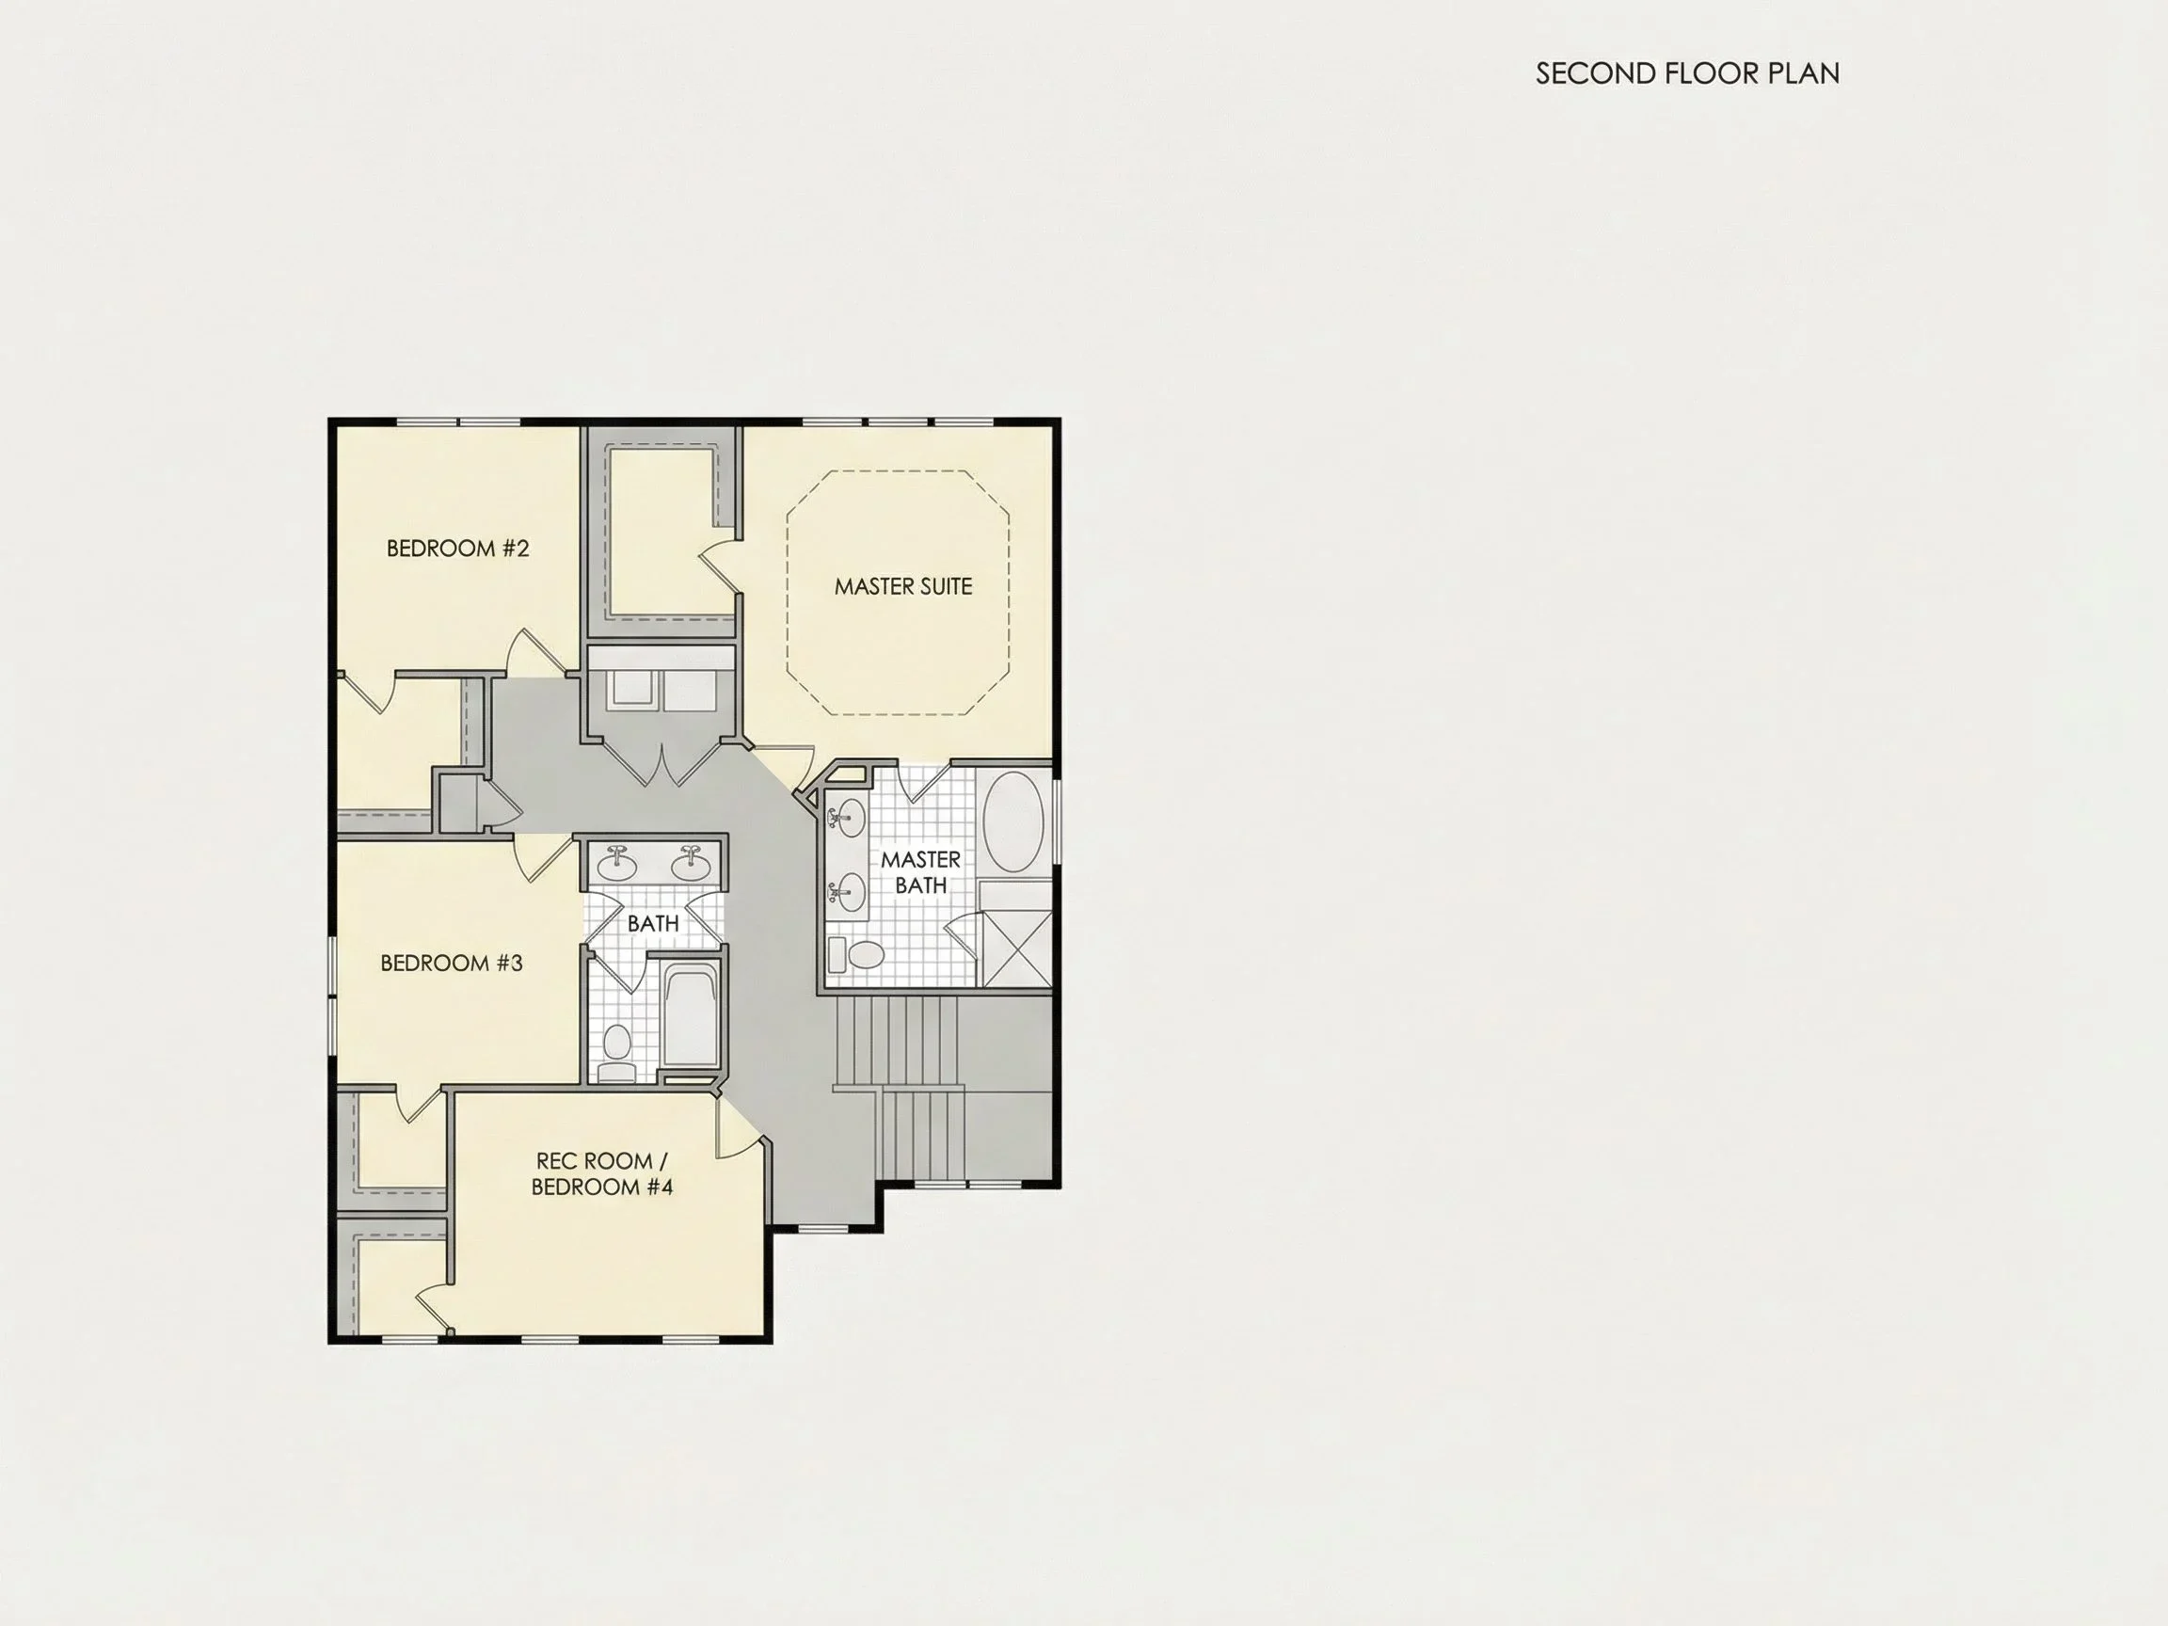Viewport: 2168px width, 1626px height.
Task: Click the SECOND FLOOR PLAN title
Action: coord(1687,73)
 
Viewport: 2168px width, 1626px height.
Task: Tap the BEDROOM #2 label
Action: coord(457,548)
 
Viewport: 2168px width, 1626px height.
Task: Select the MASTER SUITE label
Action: coord(902,586)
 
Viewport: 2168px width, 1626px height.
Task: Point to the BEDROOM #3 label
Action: coord(451,963)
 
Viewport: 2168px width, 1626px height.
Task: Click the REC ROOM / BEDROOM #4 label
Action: coord(602,1173)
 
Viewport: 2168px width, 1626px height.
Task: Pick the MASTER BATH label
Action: coord(920,872)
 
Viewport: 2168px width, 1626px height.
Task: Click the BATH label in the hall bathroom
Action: coord(653,923)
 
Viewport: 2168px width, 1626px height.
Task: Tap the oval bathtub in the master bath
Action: coord(1012,822)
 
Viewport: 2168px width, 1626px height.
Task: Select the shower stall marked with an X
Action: coord(1016,948)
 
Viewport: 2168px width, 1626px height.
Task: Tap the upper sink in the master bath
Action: coord(847,818)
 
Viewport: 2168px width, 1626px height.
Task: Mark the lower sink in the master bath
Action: coord(847,891)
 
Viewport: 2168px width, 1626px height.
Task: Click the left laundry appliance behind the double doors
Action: coord(630,689)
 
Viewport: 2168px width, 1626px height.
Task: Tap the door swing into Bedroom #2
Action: coord(534,651)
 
